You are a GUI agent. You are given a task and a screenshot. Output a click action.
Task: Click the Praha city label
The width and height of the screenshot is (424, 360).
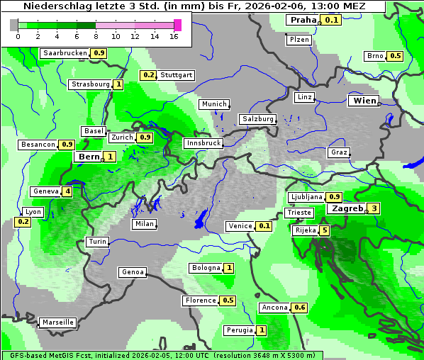click(x=302, y=20)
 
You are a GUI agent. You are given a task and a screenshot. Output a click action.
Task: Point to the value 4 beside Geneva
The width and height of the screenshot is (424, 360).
click(x=67, y=191)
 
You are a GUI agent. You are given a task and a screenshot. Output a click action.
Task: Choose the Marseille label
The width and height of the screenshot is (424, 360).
click(x=57, y=322)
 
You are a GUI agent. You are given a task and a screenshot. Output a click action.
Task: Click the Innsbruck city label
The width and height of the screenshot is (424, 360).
click(x=203, y=143)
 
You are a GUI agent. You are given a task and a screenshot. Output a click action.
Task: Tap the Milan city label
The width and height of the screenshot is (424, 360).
click(x=144, y=224)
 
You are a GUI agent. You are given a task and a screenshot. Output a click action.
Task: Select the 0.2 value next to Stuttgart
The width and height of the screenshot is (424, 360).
click(x=148, y=75)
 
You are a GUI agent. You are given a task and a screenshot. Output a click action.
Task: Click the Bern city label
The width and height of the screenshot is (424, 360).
click(x=89, y=157)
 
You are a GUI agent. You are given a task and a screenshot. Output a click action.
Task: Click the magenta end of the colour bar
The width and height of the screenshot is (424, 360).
click(x=177, y=25)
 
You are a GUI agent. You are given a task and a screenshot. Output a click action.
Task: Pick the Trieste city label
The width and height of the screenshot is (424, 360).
click(x=299, y=213)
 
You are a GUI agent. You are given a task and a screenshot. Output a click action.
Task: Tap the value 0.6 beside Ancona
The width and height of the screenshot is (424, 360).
click(x=300, y=308)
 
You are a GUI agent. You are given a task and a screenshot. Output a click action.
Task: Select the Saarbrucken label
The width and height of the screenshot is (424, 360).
click(x=65, y=53)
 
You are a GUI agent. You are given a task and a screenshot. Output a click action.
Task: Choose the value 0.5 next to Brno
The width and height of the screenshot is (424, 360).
click(x=395, y=56)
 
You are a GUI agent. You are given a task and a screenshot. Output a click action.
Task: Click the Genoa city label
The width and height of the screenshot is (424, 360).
click(x=133, y=272)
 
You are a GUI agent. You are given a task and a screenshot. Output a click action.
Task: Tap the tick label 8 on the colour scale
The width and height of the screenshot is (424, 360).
click(x=96, y=36)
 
